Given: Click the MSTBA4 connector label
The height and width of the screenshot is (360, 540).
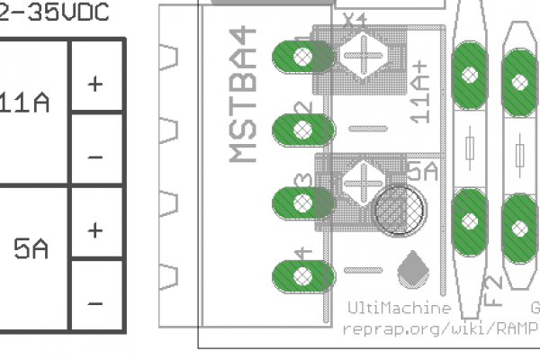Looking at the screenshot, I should click(243, 94).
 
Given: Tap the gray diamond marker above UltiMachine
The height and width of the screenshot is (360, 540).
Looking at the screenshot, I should click(411, 268).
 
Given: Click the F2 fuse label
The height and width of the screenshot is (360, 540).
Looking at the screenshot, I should click(494, 291).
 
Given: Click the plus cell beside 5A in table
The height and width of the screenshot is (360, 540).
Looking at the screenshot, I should click(95, 230).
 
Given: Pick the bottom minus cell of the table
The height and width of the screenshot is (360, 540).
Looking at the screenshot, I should click(95, 303).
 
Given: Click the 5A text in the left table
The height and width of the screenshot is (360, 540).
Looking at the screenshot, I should click(31, 249).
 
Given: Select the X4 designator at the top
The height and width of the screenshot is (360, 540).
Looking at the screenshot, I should click(355, 18).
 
